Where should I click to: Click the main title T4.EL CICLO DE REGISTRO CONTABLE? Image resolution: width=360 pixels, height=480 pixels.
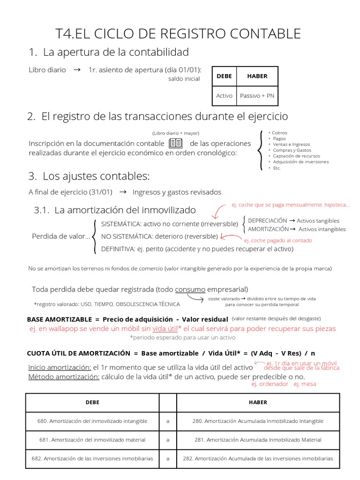178,34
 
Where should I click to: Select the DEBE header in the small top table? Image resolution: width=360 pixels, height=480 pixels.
224,76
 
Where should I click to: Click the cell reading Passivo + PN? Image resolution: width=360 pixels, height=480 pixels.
257,96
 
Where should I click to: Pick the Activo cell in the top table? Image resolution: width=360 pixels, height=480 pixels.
224,96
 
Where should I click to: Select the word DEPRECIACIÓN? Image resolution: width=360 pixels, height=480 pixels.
267,221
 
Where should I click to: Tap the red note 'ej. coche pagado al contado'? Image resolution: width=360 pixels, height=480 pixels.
278,240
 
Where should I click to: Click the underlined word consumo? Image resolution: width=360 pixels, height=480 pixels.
190,289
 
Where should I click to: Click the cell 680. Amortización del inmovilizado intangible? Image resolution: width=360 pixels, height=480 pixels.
92,421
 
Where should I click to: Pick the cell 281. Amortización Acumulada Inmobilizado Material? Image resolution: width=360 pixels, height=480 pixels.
257,440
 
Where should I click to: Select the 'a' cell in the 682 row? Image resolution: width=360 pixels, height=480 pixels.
168,458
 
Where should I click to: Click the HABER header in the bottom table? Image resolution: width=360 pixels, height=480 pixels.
257,402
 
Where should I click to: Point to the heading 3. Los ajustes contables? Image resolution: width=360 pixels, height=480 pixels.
89,177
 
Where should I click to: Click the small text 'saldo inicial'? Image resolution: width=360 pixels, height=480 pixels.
184,79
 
